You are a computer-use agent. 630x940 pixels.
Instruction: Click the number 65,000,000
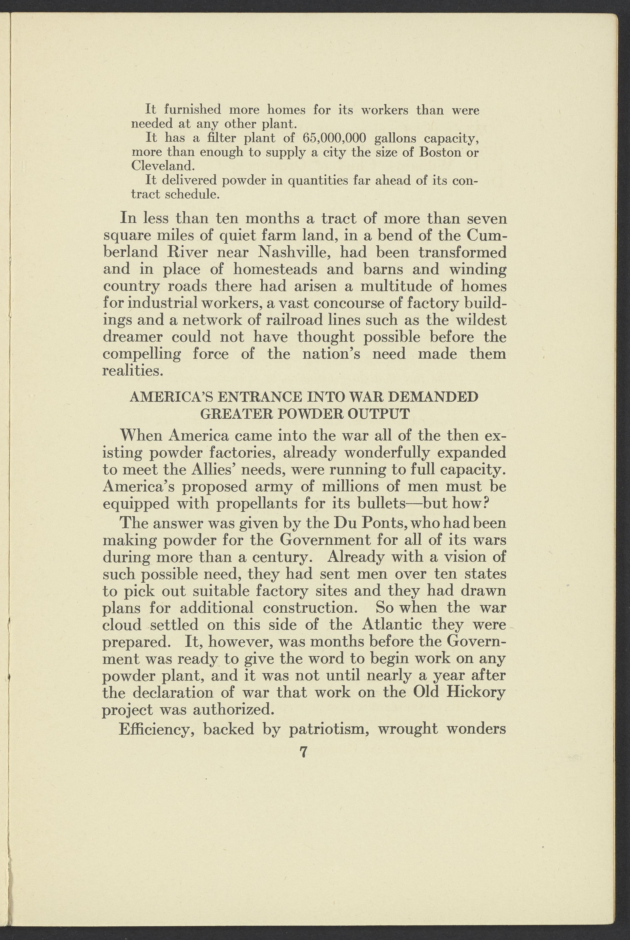coord(334,138)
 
